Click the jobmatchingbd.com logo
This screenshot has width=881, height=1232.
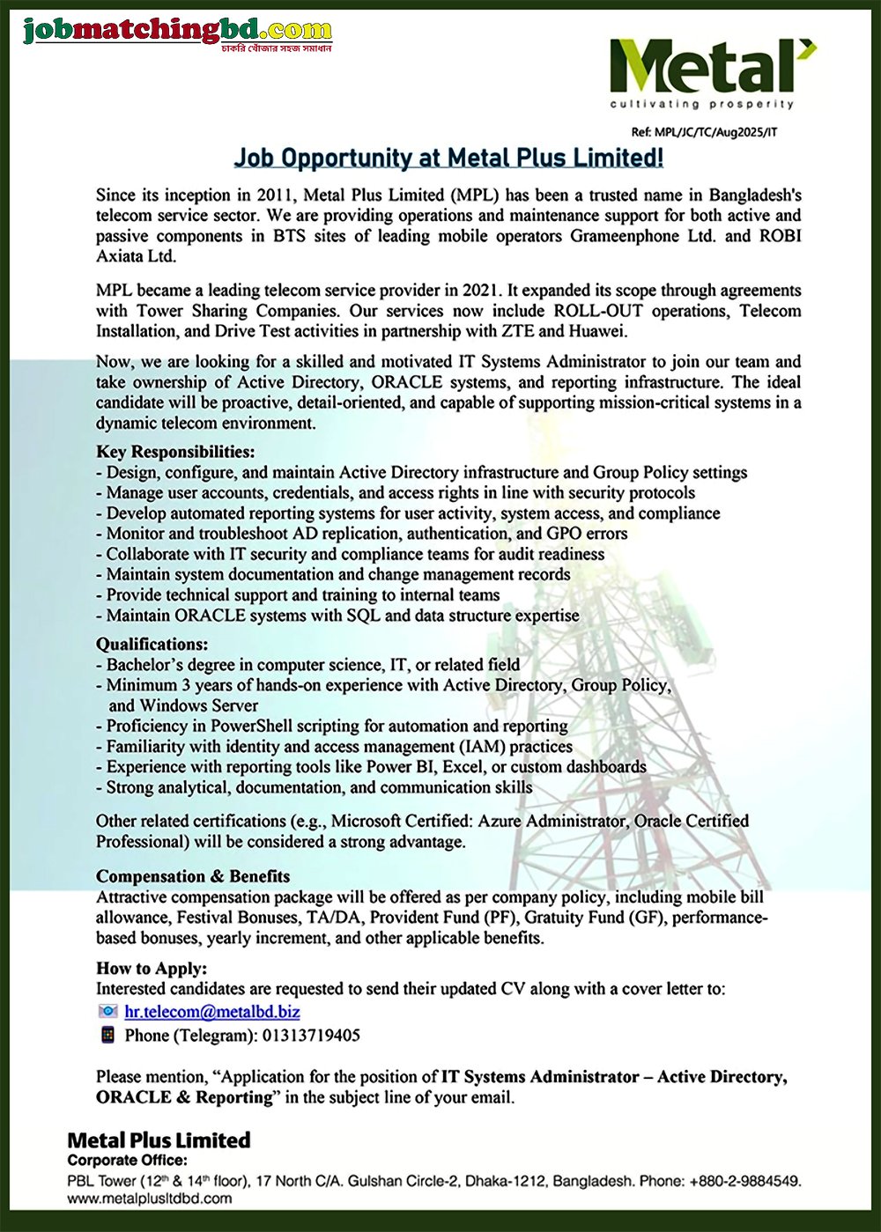click(177, 33)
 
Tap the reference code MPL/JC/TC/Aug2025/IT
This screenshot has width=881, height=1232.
click(704, 133)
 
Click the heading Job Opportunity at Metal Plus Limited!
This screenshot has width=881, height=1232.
click(448, 159)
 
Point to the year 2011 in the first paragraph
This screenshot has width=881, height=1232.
click(275, 195)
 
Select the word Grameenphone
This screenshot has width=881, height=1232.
click(625, 236)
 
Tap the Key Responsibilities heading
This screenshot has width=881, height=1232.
click(175, 452)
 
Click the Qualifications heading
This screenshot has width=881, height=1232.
click(152, 644)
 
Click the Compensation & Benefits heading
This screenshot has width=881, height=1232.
click(193, 876)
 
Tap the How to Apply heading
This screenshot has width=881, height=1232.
click(152, 969)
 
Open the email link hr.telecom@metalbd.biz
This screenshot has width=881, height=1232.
click(212, 1012)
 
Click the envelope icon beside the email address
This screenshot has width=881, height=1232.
click(107, 1012)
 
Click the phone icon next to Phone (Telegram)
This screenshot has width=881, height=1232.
click(107, 1035)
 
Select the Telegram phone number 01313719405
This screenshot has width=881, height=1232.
click(311, 1036)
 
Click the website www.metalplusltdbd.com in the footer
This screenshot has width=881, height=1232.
click(150, 1198)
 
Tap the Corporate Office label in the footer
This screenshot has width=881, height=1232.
click(127, 1161)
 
